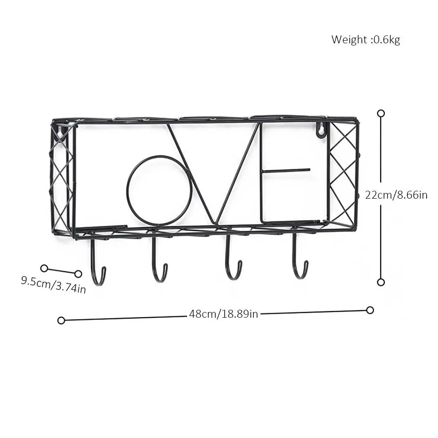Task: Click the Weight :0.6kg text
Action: coord(365,40)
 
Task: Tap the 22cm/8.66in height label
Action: coord(396,195)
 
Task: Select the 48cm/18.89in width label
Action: coord(224,314)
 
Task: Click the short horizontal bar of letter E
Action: coord(286,170)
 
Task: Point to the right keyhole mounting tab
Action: coord(321,130)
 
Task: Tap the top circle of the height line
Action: coord(381,113)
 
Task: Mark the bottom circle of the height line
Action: coord(381,282)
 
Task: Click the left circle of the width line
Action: coord(61,320)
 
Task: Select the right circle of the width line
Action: coord(370,310)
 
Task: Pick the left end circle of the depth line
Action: coord(44,268)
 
